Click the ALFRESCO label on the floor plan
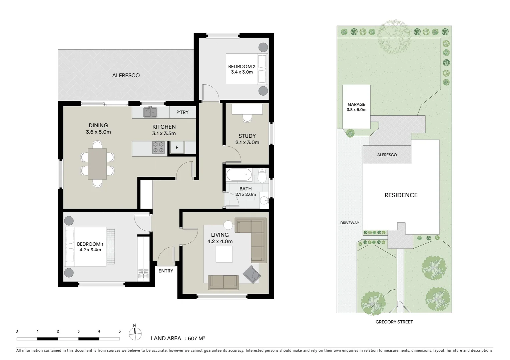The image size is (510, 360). (126, 75)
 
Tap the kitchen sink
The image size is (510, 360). (150, 112)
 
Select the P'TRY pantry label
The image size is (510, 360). (182, 112)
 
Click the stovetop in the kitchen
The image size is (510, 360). (158, 147)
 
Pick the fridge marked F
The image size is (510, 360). (177, 147)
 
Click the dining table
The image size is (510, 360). (97, 164)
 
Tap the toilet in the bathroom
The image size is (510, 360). (262, 176)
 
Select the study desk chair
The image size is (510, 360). (247, 118)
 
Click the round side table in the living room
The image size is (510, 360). (228, 225)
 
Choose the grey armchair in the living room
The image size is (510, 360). (251, 274)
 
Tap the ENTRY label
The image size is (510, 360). (166, 271)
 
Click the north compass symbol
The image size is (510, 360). (134, 331)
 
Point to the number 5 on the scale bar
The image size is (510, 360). (119, 331)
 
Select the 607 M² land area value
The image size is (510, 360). (196, 338)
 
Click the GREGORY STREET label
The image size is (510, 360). (394, 322)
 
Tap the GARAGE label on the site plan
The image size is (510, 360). (356, 104)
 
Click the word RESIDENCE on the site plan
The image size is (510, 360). (401, 195)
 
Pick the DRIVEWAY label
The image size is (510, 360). (350, 223)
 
